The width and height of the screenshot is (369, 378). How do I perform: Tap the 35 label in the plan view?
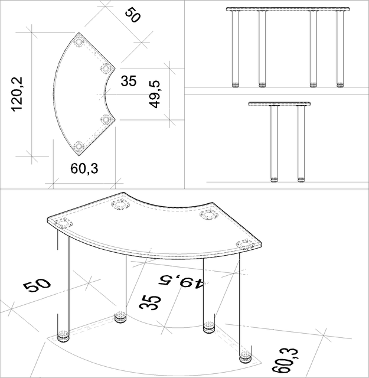coord(129,81)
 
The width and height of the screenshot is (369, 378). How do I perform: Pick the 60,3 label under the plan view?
coord(84,168)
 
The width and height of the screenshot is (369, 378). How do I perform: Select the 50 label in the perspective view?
coord(37,285)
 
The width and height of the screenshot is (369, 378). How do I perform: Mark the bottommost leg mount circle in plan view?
coord(79,145)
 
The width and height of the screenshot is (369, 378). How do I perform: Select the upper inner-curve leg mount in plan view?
coord(106,69)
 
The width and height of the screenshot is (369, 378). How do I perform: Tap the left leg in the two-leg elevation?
coord(274,142)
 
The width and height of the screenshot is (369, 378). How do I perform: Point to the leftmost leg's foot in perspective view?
coord(63,337)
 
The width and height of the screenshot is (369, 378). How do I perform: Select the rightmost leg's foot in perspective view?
coord(245,357)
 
